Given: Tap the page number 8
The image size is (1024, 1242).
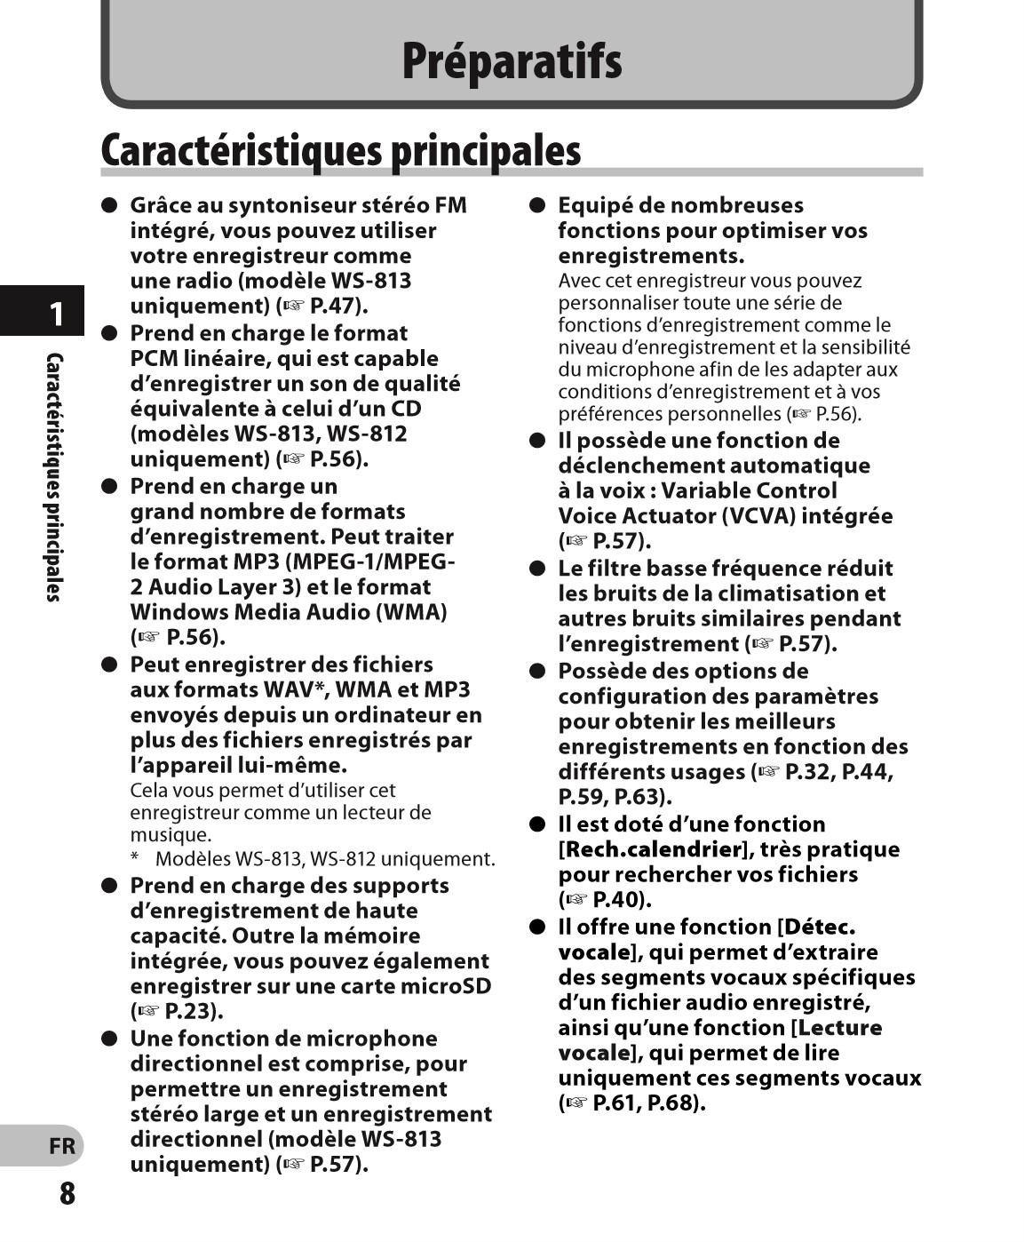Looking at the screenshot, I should pos(67,1193).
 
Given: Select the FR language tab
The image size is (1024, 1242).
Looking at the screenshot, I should pos(62,1146).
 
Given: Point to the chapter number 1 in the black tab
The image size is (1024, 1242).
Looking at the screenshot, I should pos(56,314).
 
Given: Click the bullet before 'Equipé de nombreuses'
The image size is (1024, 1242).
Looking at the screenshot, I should pos(536,205).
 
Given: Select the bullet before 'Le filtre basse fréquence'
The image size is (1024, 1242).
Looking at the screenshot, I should pos(536,569).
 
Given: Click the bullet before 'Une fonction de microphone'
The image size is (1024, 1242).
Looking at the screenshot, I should pos(109,1039).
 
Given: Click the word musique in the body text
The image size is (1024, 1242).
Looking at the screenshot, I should pos(170,835).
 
